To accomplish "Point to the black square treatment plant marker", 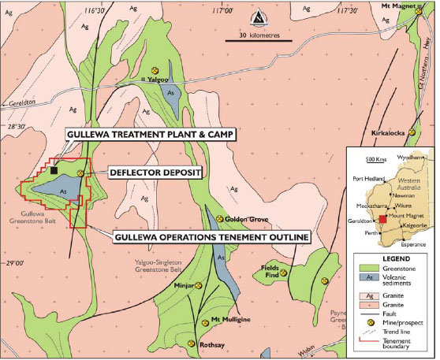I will tap(54, 169).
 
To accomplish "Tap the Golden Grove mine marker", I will tap(218, 218).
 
